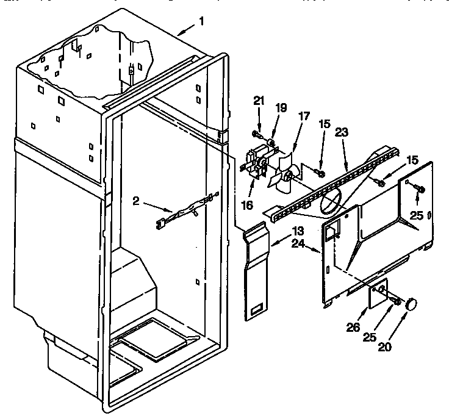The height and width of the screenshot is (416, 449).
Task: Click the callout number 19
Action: [281, 108]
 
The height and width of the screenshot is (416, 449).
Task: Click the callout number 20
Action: [386, 348]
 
